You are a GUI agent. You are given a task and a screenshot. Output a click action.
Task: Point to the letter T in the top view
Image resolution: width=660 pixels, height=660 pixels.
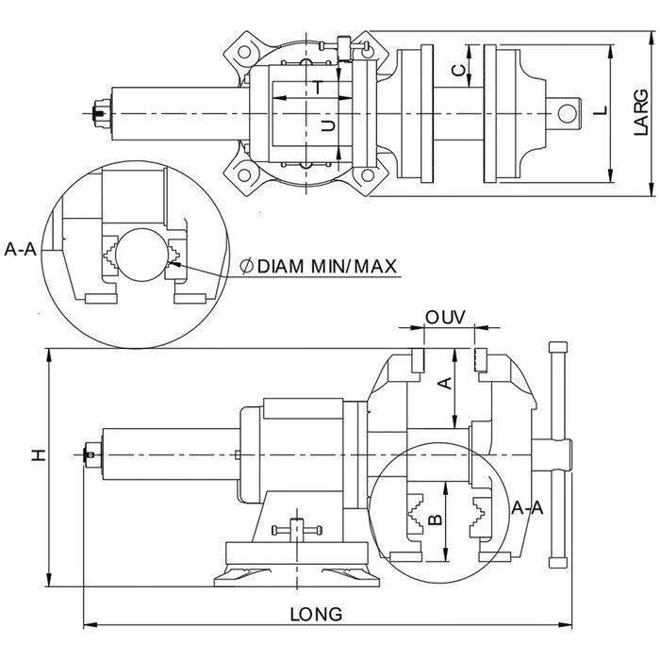[321, 88]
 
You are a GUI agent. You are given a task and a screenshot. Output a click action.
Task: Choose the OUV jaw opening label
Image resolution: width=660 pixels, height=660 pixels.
[446, 317]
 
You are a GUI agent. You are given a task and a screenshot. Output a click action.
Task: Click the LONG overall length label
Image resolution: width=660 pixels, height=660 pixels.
[316, 613]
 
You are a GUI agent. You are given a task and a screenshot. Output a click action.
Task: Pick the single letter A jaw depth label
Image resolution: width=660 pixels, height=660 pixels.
[447, 383]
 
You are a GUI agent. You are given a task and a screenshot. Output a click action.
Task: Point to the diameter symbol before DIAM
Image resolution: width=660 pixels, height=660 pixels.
[247, 267]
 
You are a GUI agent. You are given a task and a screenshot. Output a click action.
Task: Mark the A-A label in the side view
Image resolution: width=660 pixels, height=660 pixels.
[527, 507]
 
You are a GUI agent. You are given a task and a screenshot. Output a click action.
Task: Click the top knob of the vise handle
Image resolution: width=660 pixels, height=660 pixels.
[557, 349]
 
